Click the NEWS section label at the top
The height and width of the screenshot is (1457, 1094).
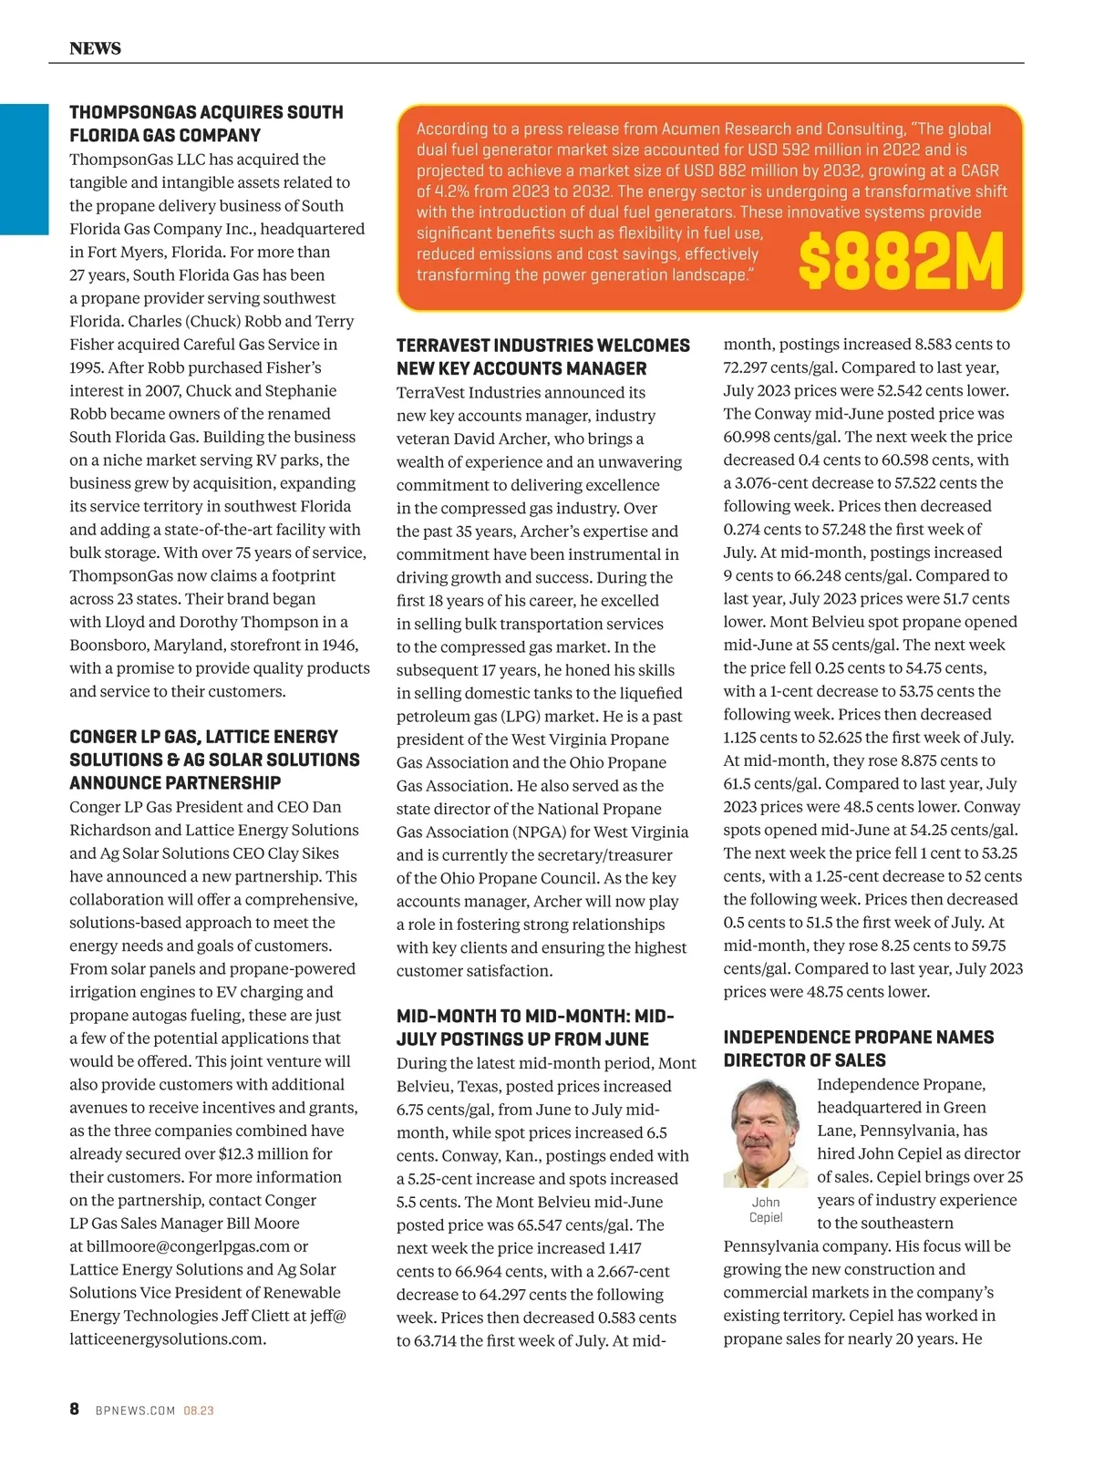point(95,48)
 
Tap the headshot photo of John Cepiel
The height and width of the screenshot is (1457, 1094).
point(766,1133)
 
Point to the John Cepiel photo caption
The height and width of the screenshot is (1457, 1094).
point(766,1210)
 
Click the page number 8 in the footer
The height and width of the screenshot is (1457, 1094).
point(75,1409)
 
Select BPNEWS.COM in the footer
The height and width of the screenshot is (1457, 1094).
point(135,1410)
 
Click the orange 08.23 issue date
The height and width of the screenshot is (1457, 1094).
point(199,1410)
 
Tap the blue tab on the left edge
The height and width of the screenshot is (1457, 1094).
point(24,170)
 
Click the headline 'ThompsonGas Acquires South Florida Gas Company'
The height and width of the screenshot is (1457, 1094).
point(206,124)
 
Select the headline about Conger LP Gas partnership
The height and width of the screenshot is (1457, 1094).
point(214,759)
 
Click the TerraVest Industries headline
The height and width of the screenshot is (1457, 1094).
point(542,356)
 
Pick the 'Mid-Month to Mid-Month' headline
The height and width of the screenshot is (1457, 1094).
point(535,1028)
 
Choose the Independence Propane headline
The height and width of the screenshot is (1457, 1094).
point(858,1049)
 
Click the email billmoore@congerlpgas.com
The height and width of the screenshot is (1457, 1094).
point(187,1246)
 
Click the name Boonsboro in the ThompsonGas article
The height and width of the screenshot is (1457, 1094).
point(108,646)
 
